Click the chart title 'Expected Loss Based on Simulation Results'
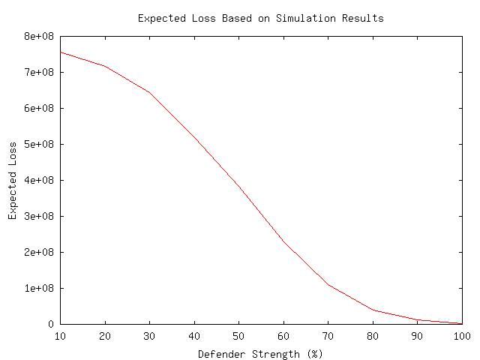tap(260, 18)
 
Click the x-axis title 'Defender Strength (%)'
tap(260, 353)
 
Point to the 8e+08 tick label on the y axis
tap(39, 36)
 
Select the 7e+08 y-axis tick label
tap(39, 72)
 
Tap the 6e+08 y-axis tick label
tap(39, 108)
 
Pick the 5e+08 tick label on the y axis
tap(39, 144)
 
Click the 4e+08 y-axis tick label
tap(39, 180)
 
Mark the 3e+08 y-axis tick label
tap(39, 216)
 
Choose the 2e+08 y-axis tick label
tap(39, 252)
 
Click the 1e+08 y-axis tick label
tap(39, 288)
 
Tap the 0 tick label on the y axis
tap(51, 324)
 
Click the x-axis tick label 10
tap(60, 336)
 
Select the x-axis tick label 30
tap(149, 336)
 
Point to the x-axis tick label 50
tap(238, 336)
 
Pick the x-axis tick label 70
tap(328, 336)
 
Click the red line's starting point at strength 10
tap(60, 52)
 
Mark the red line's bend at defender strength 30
tap(149, 92)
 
